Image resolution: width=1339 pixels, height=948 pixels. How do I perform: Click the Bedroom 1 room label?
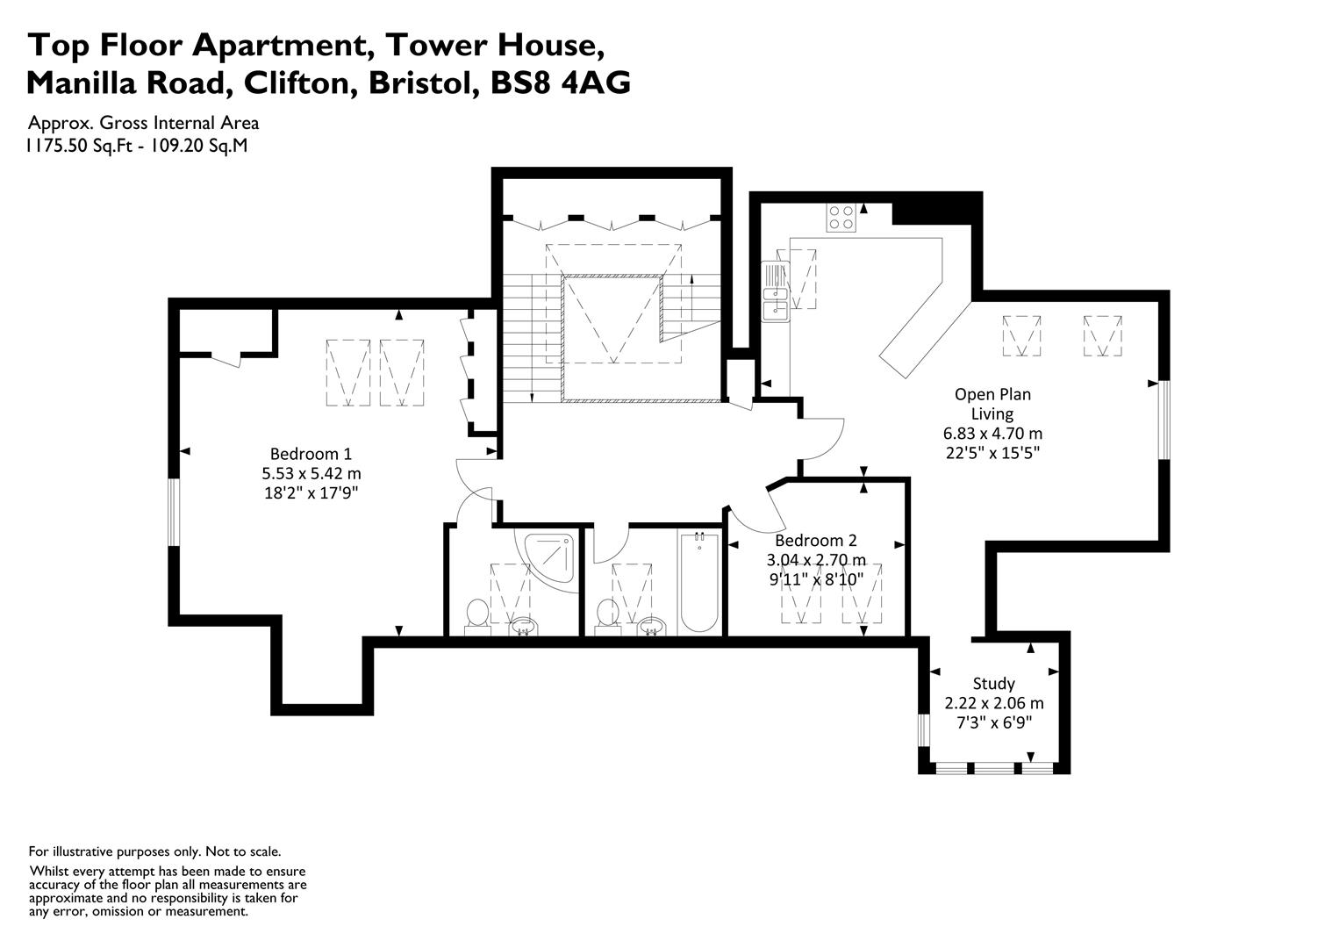(311, 453)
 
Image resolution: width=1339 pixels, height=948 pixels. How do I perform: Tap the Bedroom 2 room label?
(816, 541)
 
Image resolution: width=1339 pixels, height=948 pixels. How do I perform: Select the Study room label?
(993, 684)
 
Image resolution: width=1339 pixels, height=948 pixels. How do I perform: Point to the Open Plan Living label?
(992, 404)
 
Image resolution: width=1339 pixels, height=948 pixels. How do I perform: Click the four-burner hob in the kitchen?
(841, 218)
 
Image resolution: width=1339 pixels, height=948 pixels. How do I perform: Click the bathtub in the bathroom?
(699, 582)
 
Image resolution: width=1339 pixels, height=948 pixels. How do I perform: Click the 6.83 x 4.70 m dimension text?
(992, 433)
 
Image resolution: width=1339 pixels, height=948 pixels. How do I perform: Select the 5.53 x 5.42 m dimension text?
(311, 474)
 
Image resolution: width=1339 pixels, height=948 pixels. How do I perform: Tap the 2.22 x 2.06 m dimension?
(993, 703)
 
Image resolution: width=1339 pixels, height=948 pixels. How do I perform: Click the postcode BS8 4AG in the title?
(560, 83)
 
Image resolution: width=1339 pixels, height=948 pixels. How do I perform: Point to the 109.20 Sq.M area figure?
(198, 146)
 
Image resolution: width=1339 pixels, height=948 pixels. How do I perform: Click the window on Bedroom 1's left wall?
(174, 512)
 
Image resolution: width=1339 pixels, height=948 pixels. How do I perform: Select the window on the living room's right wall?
(1164, 420)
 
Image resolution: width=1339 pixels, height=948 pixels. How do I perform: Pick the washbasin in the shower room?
(524, 628)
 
